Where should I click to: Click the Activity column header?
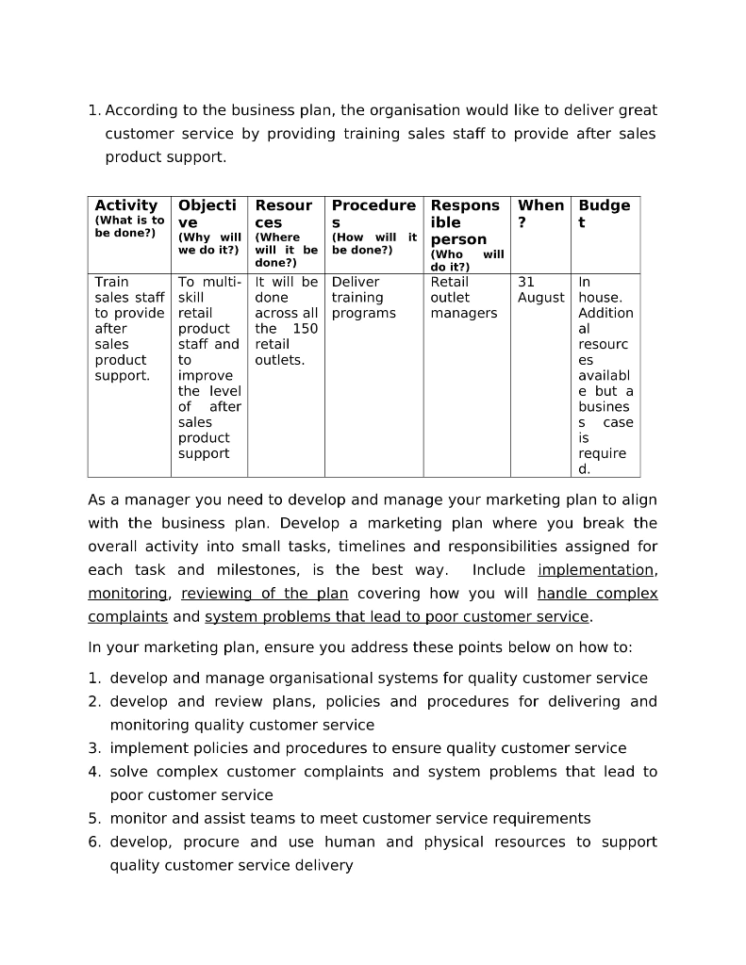coord(126,205)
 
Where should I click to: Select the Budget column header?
coord(604,213)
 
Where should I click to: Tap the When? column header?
coord(540,213)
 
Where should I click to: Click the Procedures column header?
coord(373,213)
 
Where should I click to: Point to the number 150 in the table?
coord(305,329)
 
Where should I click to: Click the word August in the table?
coord(540,298)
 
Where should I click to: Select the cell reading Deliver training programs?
coord(363,297)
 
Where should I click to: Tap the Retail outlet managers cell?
coord(463,297)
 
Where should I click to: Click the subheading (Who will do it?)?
coord(467,260)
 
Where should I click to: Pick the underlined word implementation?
coord(596,570)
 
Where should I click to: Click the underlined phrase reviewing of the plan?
coord(264,594)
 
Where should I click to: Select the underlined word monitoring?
coord(128,594)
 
